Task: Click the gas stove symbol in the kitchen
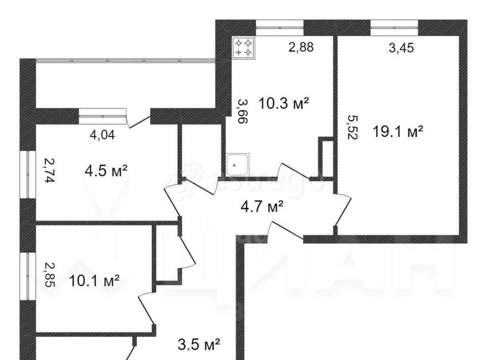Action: (x=243, y=47)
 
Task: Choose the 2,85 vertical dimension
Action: (x=47, y=275)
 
